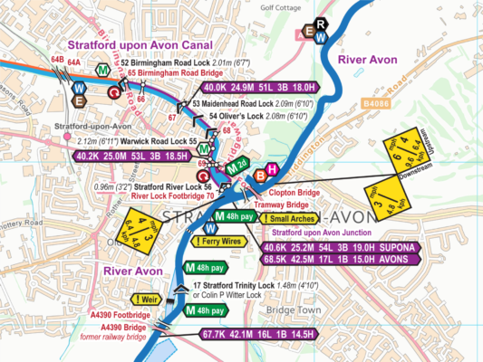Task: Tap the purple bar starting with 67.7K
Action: (x=259, y=334)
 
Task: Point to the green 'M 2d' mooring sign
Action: (x=237, y=164)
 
